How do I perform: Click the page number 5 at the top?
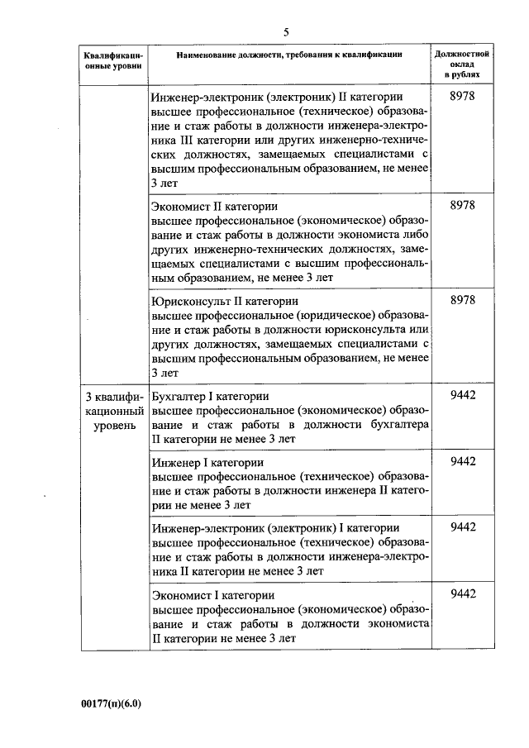[286, 32]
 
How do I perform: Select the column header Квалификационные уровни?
[113, 60]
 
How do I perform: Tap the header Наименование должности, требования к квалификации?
[289, 54]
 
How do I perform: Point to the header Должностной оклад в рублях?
[462, 64]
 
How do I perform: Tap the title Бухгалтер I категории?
[212, 396]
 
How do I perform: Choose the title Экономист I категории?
[213, 594]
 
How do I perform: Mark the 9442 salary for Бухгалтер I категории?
[462, 396]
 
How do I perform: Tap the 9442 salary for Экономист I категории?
[462, 594]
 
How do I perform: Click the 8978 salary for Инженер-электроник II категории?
[462, 98]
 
